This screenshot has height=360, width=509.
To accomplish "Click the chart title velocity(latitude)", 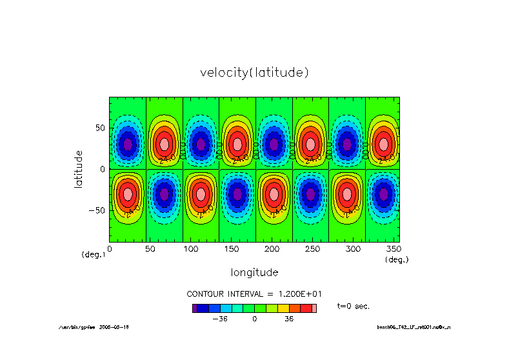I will coord(254,73).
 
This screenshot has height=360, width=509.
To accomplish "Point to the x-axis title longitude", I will coord(254,272).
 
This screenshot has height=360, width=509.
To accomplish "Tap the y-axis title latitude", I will coord(79,168).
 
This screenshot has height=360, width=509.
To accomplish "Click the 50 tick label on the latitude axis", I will coord(100,128).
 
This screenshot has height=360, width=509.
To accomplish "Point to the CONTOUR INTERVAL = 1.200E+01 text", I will coord(254,293).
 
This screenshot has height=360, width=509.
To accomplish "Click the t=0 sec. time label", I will coord(354,305).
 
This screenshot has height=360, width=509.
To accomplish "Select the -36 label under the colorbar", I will coord(220,318).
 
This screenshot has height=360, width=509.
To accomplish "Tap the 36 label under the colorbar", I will coord(289,318).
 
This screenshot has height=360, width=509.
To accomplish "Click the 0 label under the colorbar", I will coord(254,318).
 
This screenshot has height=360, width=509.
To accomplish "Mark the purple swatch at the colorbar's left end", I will coord(194,308).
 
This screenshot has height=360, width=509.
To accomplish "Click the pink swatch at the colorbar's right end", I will coord(314,308).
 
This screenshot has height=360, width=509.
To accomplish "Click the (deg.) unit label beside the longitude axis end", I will coord(397,259).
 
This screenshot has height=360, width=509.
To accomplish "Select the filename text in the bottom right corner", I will coord(414,328).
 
